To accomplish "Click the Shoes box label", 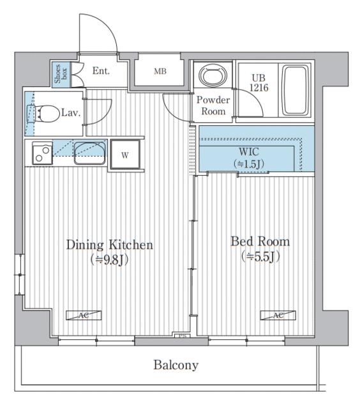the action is [x=61, y=74].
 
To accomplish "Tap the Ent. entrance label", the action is [x=101, y=71].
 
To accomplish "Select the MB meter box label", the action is [x=160, y=71].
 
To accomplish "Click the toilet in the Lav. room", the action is [x=43, y=114].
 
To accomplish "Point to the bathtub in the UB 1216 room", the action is [x=296, y=90].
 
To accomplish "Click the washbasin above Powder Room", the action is [x=213, y=75].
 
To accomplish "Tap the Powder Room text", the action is [x=213, y=105].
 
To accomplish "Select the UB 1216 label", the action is [x=259, y=83].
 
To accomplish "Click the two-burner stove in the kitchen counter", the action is [x=42, y=153].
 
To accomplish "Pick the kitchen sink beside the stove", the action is [x=90, y=153].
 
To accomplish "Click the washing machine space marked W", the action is [x=125, y=155].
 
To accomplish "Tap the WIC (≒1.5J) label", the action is [x=249, y=158].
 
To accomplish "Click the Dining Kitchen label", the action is [x=110, y=245].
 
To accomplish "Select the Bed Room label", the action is [x=260, y=242].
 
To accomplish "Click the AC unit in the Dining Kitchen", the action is [x=84, y=315].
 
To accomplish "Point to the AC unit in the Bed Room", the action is [x=278, y=315].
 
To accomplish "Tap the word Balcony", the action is [x=176, y=365].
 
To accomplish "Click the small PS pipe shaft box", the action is [x=182, y=336].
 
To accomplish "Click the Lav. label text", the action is [x=71, y=112].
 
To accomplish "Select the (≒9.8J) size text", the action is [x=109, y=259].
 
